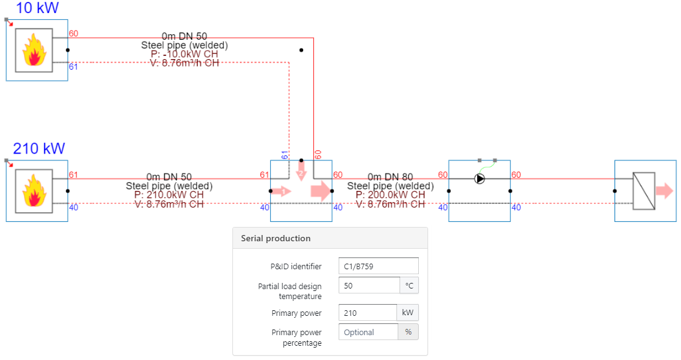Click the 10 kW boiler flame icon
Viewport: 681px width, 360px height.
(35, 50)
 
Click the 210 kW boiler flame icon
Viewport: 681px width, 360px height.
(35, 192)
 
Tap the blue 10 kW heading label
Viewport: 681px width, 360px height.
(37, 8)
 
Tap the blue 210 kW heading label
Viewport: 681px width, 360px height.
(39, 149)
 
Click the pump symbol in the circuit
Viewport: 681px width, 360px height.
(480, 178)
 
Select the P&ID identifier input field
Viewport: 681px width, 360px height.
(378, 266)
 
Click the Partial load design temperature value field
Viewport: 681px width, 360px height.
(369, 285)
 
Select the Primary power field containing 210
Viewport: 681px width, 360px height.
(367, 313)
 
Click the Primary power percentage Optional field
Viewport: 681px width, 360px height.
(368, 332)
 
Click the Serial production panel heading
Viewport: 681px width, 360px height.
(276, 238)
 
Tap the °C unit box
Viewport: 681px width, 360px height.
(409, 285)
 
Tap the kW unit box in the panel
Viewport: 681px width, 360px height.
(408, 313)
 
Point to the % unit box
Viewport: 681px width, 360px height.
(408, 332)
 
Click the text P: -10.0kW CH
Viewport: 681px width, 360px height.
(185, 54)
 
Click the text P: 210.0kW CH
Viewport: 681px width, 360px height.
(168, 195)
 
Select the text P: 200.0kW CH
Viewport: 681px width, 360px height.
(390, 195)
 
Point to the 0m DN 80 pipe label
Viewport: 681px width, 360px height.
(390, 177)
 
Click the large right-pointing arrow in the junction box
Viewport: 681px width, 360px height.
(321, 191)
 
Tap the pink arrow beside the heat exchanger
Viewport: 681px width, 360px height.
(664, 191)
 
